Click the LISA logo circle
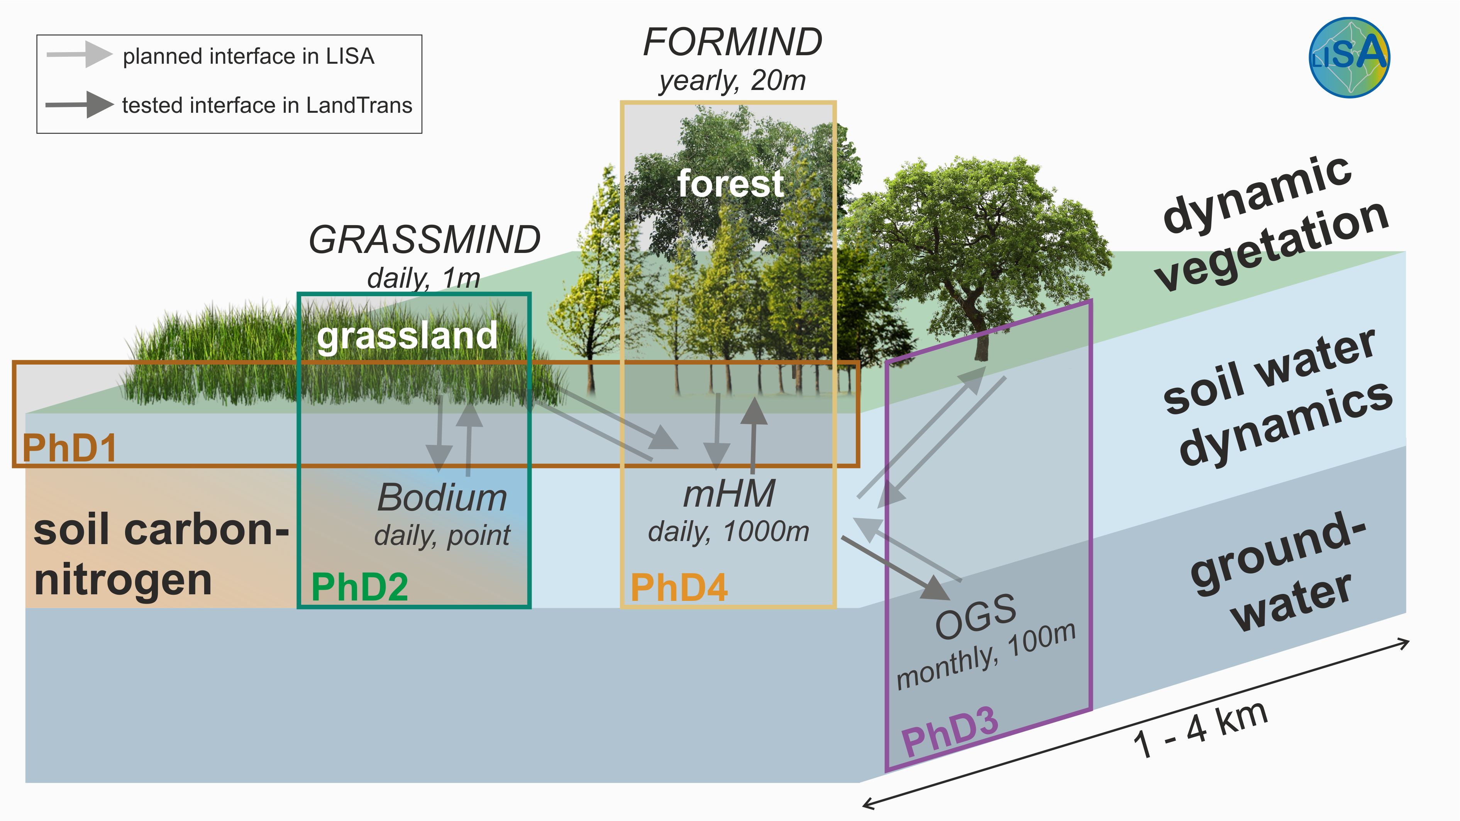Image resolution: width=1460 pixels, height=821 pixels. tap(1349, 57)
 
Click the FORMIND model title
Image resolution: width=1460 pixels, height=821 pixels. tap(732, 42)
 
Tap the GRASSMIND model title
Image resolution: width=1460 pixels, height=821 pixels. tap(424, 240)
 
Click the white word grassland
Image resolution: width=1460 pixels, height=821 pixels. tap(407, 336)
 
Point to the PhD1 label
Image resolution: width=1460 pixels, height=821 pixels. tap(69, 448)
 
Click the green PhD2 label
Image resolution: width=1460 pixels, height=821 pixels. tap(359, 587)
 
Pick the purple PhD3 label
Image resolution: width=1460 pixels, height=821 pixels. tap(949, 731)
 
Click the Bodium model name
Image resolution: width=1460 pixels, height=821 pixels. tap(442, 498)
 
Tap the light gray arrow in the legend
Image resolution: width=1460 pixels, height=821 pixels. tap(80, 54)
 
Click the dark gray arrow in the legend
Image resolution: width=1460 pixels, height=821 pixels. tap(80, 104)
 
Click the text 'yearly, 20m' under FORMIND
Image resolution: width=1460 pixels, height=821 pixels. tap(732, 80)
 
